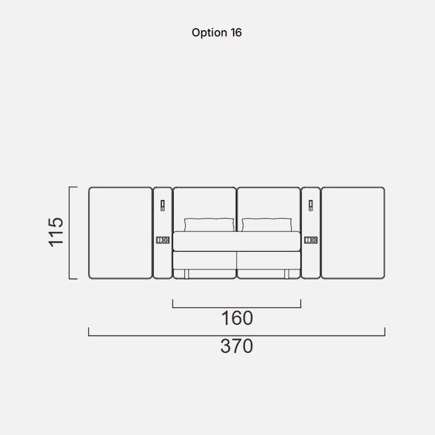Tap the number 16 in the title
[x=236, y=33]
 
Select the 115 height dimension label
[x=56, y=232]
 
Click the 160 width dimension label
[x=237, y=318]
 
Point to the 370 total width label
[x=237, y=346]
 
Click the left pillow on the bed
[x=209, y=225]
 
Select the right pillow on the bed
[x=266, y=225]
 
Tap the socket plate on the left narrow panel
[x=163, y=240]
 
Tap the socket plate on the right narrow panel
[x=311, y=240]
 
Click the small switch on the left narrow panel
[x=163, y=205]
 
